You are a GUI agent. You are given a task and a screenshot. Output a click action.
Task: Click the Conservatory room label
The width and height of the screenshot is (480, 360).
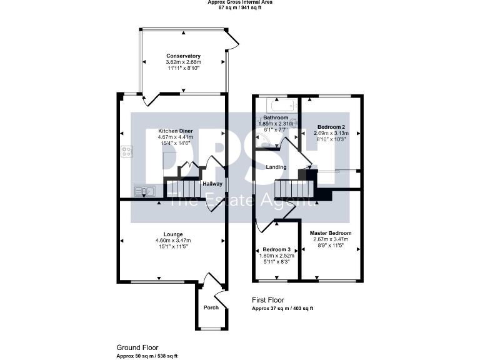coord(183,56)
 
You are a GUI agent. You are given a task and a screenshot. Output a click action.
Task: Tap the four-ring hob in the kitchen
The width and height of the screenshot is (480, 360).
coord(127,150)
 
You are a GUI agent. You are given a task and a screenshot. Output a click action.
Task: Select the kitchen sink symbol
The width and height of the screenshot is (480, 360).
coord(144,191)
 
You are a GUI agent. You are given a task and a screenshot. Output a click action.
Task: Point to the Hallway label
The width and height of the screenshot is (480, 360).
coord(212,184)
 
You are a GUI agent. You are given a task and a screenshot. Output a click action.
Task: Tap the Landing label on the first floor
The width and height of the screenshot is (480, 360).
coord(276,167)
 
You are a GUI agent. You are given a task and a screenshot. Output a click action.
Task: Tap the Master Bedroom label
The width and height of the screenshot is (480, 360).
coord(331,233)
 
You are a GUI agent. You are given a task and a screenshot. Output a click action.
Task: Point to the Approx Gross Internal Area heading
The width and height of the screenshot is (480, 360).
coord(240,2)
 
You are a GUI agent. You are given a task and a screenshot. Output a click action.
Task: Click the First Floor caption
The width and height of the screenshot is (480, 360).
coord(268,300)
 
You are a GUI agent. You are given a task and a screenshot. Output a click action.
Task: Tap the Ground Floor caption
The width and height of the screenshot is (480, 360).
coord(137,347)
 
